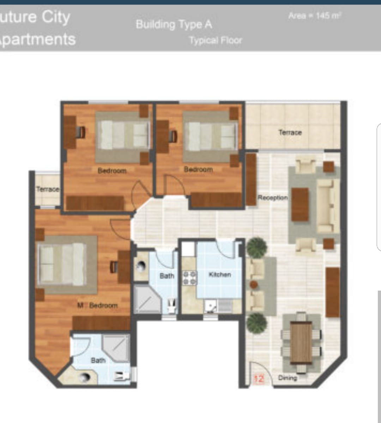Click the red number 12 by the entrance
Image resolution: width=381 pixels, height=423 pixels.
259,379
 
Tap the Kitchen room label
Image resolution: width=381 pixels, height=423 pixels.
220,275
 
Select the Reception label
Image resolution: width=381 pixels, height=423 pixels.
273,198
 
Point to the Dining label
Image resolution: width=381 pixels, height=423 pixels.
288,378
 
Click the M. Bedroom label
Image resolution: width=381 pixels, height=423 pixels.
97,305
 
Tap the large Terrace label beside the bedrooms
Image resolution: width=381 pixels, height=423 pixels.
290,132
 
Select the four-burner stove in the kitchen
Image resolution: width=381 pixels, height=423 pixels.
190,278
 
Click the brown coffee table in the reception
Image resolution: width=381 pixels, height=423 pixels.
300,205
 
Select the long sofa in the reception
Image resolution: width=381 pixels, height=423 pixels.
326,206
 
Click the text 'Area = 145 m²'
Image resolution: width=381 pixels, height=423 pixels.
315,16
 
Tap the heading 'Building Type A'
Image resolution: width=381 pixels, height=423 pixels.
174,24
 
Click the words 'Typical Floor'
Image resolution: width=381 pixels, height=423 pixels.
216,40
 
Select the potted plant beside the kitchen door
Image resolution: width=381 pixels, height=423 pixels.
256,247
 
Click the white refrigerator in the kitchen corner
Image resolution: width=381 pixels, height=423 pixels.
188,249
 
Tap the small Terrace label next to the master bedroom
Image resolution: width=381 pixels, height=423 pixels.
48,189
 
